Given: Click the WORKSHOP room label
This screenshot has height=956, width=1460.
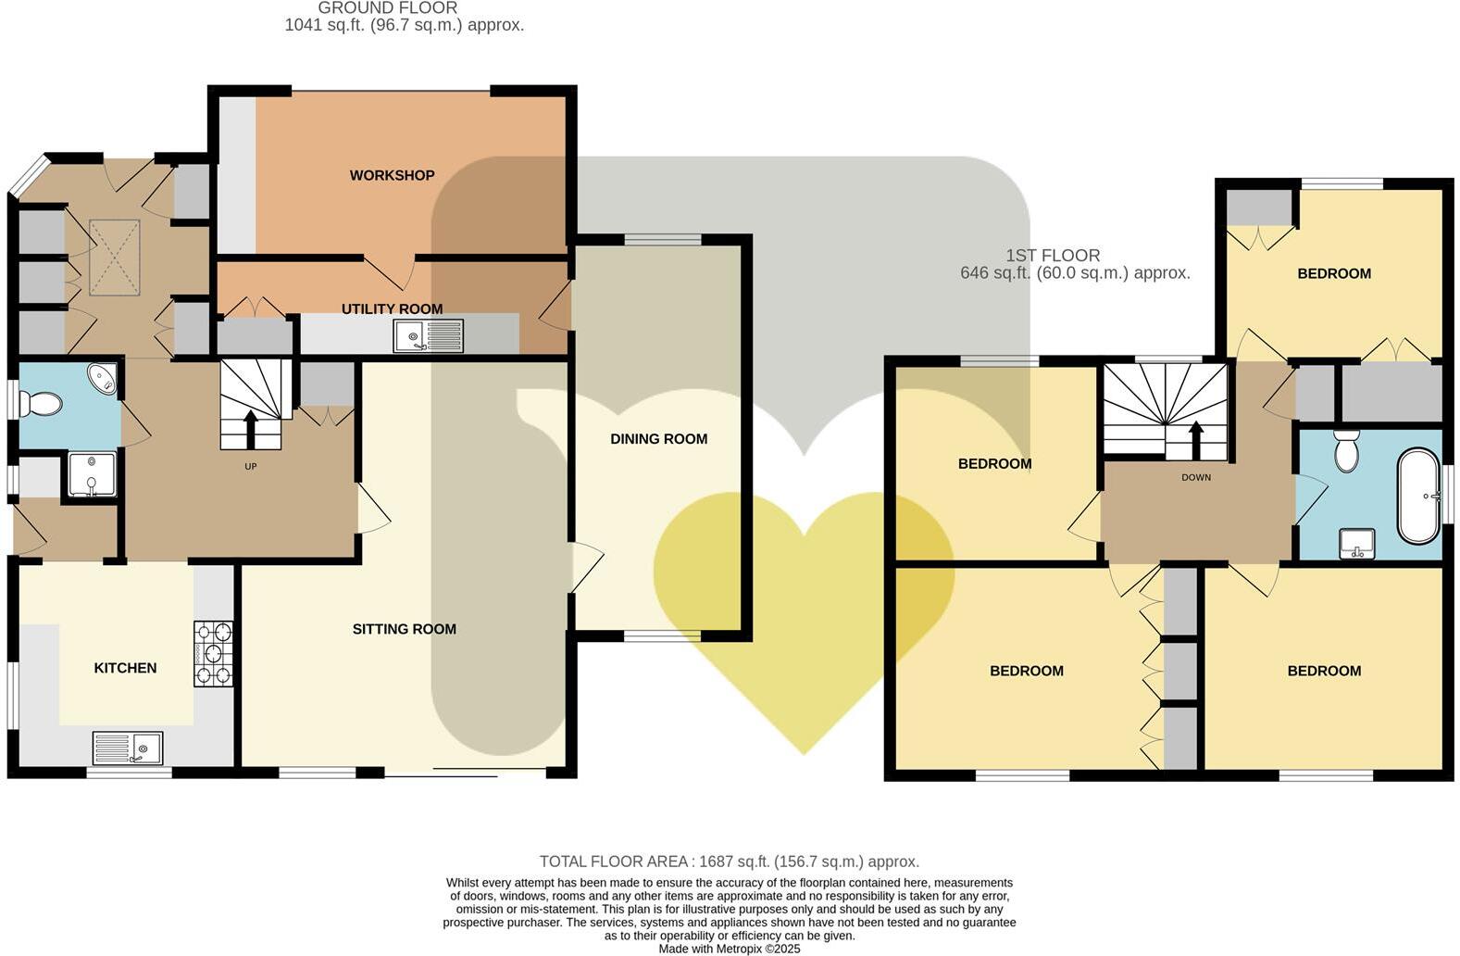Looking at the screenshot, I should pos(392,175).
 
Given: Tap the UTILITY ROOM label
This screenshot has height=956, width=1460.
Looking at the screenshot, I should pos(392,308).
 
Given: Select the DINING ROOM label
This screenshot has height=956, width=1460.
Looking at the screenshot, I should pos(658,439).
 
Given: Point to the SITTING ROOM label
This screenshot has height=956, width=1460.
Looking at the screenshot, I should pos(404,629).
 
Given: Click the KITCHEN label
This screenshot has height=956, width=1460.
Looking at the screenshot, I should pos(125,668).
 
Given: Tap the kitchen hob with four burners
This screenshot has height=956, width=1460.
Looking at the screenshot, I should pos(213,653).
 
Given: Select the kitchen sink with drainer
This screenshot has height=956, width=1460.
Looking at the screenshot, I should pos(128,747).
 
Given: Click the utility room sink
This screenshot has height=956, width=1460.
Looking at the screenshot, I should pos(428,335).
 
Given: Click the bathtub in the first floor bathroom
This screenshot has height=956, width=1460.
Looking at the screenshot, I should pos(1418,496).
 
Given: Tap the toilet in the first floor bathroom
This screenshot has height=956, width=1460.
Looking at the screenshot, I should pos(1346,450).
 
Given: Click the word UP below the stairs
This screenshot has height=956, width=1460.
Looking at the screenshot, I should pos(250,466).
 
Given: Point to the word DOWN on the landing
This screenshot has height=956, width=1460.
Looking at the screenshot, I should pos(1196,477).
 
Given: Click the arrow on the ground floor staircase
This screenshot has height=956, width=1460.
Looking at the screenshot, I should pos(250,428).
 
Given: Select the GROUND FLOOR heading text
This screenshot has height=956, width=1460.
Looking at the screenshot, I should pos(388,8).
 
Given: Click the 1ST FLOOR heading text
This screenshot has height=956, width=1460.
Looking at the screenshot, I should pos(1053,255).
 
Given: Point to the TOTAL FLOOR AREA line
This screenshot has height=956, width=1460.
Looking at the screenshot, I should pos(729,862).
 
